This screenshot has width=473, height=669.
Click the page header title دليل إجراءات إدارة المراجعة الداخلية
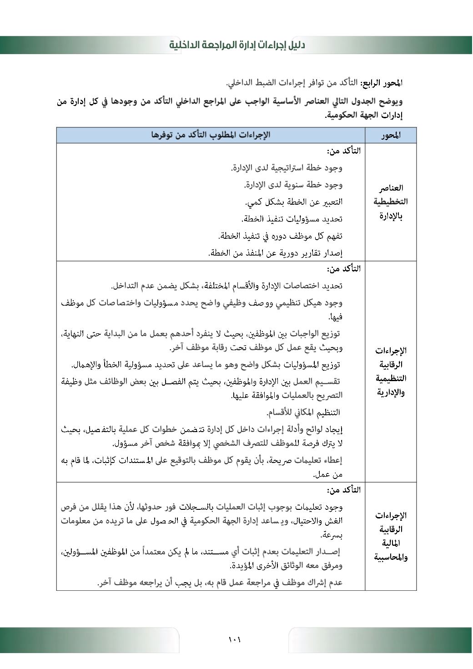tap(237, 45)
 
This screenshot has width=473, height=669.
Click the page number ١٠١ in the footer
tap(235, 640)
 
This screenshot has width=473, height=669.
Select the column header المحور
tap(391, 136)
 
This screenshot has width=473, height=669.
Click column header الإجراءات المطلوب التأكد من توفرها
tap(211, 135)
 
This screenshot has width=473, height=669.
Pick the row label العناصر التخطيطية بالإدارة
tap(391, 201)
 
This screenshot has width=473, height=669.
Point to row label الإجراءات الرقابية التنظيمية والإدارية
tap(391, 371)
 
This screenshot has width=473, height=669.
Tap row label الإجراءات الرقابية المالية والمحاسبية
tap(391, 536)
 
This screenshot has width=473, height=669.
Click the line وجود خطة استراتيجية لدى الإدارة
tap(286, 168)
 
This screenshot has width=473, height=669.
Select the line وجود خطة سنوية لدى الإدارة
tap(293, 185)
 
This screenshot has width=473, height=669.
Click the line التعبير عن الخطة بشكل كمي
tap(294, 202)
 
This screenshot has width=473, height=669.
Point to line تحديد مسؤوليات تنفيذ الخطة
tap(292, 219)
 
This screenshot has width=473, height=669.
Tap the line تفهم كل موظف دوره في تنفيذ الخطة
tap(280, 236)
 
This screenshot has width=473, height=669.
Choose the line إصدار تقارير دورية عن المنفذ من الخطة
tap(275, 253)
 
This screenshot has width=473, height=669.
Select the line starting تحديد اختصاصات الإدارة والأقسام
tap(226, 286)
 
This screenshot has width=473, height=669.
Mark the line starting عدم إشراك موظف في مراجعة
tap(220, 583)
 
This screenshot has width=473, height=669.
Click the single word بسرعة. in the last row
tap(332, 535)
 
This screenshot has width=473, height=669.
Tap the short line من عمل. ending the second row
tap(328, 475)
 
